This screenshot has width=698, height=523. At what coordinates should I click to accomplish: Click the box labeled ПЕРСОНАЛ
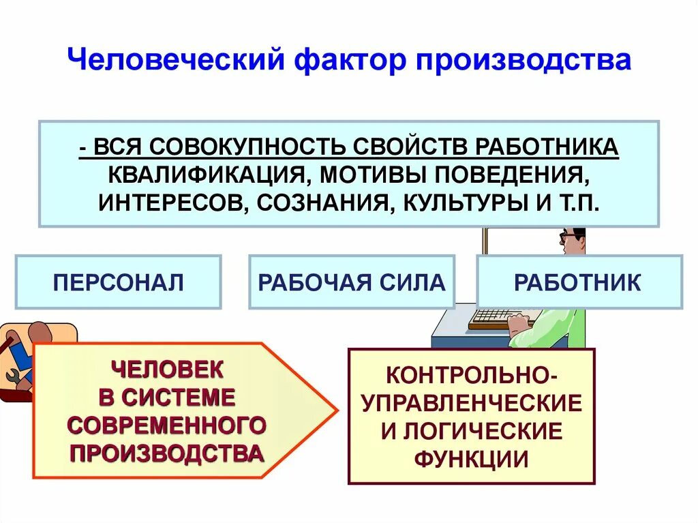[118, 282]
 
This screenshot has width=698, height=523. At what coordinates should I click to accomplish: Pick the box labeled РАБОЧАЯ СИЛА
[351, 282]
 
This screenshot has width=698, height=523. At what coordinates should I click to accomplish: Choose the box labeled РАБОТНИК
[578, 282]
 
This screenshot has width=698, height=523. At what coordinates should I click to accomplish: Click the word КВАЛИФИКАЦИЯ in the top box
[204, 175]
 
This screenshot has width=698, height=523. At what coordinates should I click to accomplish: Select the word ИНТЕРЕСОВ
[168, 203]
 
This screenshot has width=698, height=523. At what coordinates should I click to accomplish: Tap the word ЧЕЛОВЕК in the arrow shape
[166, 370]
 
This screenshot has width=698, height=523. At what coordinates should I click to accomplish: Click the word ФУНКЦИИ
[471, 459]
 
